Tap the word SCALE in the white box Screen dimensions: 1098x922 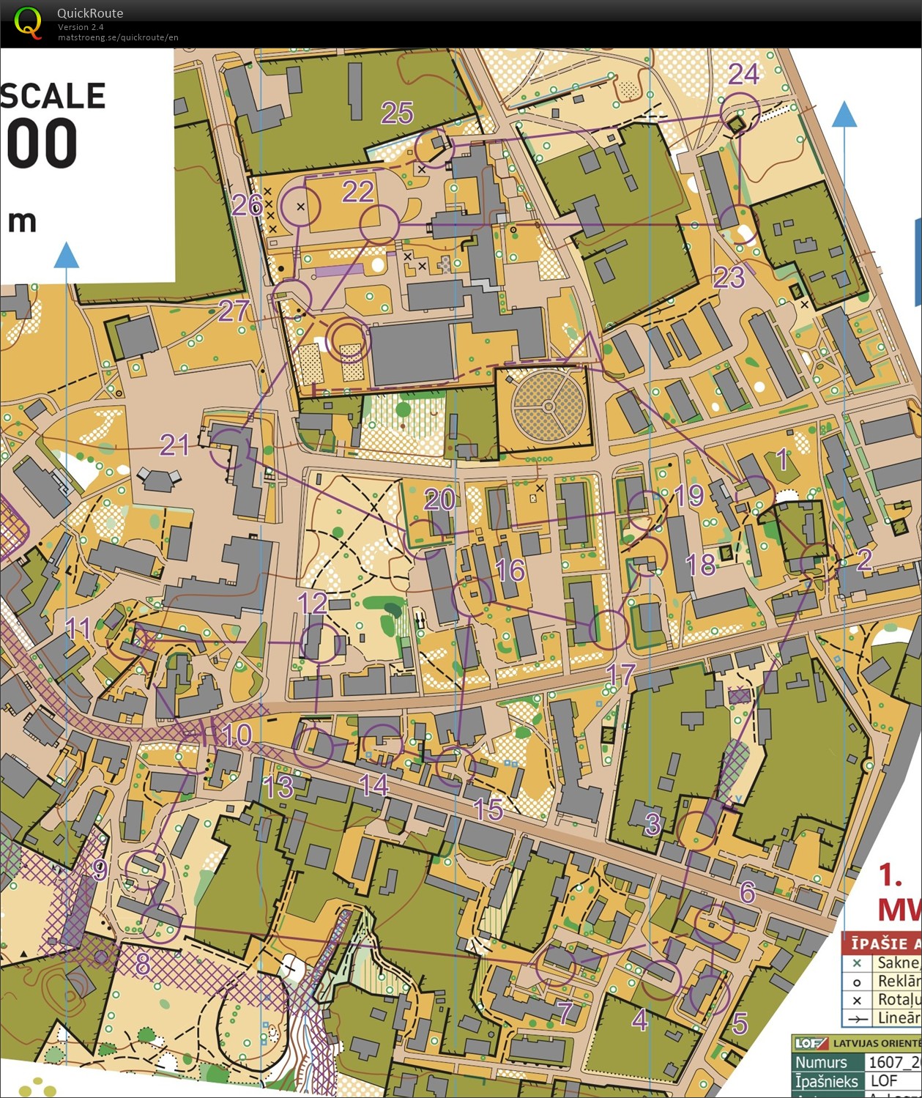tap(53, 96)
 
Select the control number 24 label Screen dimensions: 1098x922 tap(743, 74)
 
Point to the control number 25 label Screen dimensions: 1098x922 tap(397, 113)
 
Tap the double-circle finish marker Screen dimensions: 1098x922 tap(349, 338)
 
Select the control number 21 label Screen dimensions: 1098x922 tap(174, 445)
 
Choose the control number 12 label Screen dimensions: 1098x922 tap(312, 604)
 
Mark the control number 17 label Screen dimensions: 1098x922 tap(620, 675)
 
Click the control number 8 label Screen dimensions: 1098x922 tap(143, 965)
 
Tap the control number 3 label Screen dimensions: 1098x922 tap(653, 824)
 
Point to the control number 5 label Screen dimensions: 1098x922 tap(740, 1023)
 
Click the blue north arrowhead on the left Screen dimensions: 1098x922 tap(66, 256)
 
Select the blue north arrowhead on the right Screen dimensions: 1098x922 tap(844, 114)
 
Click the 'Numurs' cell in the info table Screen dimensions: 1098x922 tap(821, 1062)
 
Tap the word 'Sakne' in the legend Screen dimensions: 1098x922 tap(899, 962)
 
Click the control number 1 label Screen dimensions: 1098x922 tap(782, 459)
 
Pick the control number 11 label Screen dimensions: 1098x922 tap(78, 628)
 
